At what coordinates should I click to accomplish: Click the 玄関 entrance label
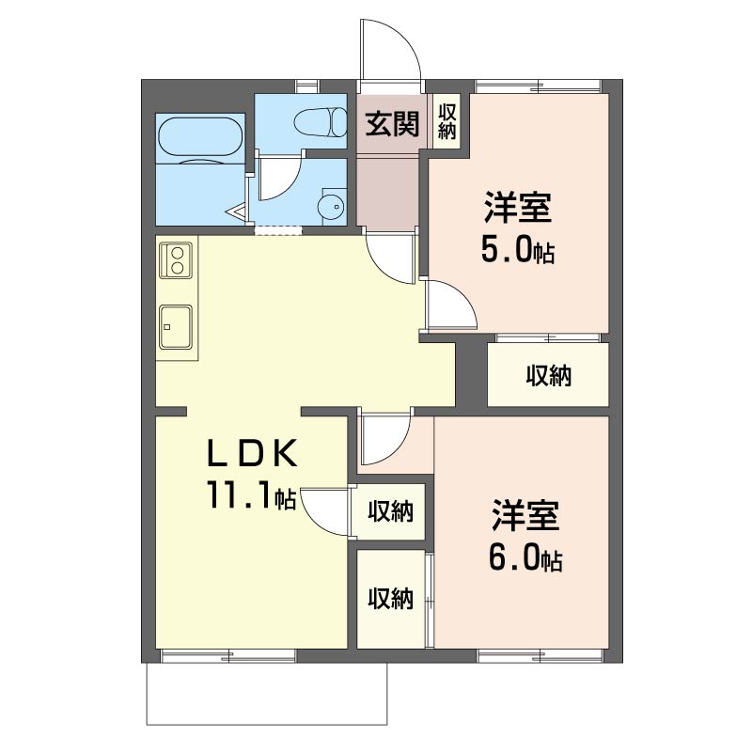[x=392, y=124]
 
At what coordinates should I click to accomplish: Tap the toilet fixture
[x=320, y=122]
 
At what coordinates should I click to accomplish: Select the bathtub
[x=199, y=136]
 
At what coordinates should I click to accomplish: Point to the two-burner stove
[x=176, y=259]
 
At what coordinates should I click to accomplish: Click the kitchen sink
[x=176, y=326]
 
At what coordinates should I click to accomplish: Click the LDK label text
[x=252, y=454]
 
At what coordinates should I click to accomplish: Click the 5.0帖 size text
[x=518, y=250]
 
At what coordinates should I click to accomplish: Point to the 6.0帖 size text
[x=525, y=557]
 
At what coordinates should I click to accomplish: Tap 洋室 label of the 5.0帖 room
[x=518, y=207]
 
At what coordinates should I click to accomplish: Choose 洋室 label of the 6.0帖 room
[x=525, y=515]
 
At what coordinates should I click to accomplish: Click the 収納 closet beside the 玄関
[x=446, y=121]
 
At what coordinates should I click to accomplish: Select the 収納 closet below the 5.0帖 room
[x=548, y=374]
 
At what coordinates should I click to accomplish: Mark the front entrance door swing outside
[x=391, y=51]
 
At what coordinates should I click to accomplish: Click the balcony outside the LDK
[x=267, y=694]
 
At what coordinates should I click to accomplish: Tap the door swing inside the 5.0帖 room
[x=451, y=304]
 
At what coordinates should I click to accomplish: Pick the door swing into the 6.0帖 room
[x=385, y=439]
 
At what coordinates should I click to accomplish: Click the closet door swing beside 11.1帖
[x=322, y=511]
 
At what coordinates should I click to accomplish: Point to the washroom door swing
[x=279, y=179]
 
